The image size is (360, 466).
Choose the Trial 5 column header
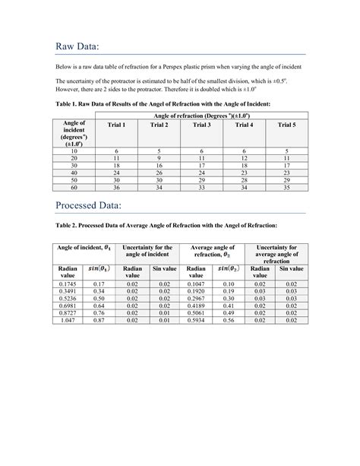coord(286,125)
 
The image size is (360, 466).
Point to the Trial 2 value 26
coord(159,173)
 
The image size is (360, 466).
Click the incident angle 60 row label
coord(74,186)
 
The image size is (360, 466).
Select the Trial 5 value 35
coord(286,186)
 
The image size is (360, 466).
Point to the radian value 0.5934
coord(195,321)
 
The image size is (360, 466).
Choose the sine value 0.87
coord(99,321)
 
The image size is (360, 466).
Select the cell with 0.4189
coord(195,306)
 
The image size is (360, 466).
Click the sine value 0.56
coord(227,321)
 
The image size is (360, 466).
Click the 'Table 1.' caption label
coord(68,102)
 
